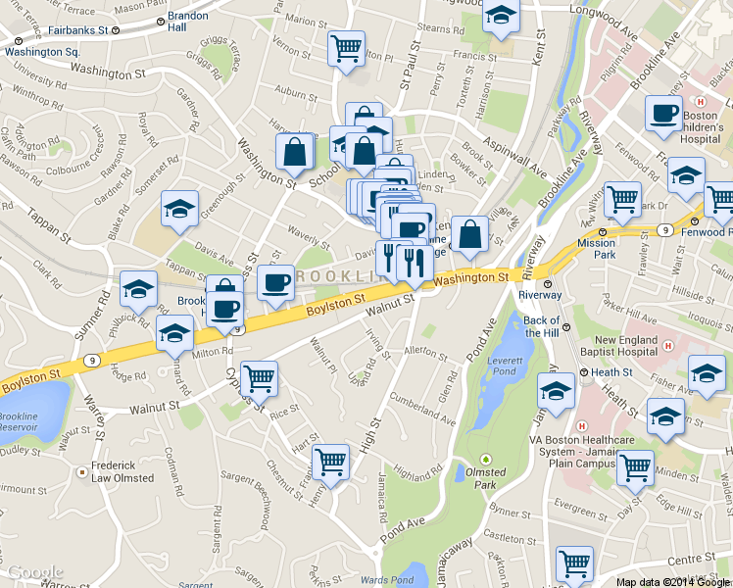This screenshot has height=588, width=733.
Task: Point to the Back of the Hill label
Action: tap(542, 326)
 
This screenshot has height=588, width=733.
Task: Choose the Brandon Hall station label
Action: tap(188, 23)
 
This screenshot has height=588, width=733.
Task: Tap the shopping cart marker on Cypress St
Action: tap(259, 376)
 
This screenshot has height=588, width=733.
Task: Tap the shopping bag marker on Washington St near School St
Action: tap(295, 153)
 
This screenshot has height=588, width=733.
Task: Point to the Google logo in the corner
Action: tap(35, 572)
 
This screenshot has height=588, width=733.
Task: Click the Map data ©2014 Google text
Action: tap(672, 581)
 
